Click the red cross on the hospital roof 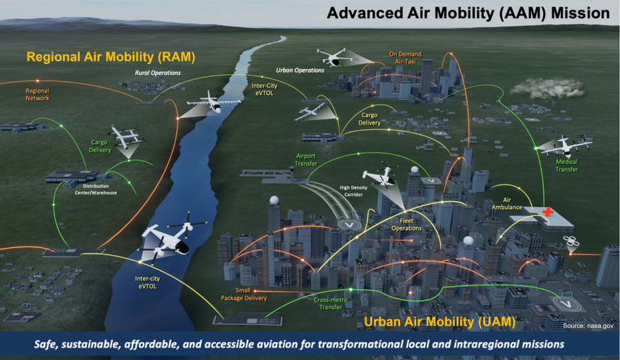(548, 212)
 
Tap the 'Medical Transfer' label (567, 166)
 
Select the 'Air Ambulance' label (507, 204)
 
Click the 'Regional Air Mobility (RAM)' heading (111, 57)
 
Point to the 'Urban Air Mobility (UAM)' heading (440, 321)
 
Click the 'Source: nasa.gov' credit (588, 326)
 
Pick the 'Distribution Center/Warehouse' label (96, 189)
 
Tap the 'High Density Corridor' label (353, 191)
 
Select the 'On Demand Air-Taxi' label (405, 58)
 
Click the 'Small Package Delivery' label (244, 294)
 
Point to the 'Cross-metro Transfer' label (331, 303)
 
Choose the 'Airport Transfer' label (306, 160)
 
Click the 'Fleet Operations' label (406, 224)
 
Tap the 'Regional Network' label (38, 94)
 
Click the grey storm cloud (547, 89)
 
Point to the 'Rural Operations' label (158, 73)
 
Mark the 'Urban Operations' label (300, 70)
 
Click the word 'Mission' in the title (581, 13)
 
